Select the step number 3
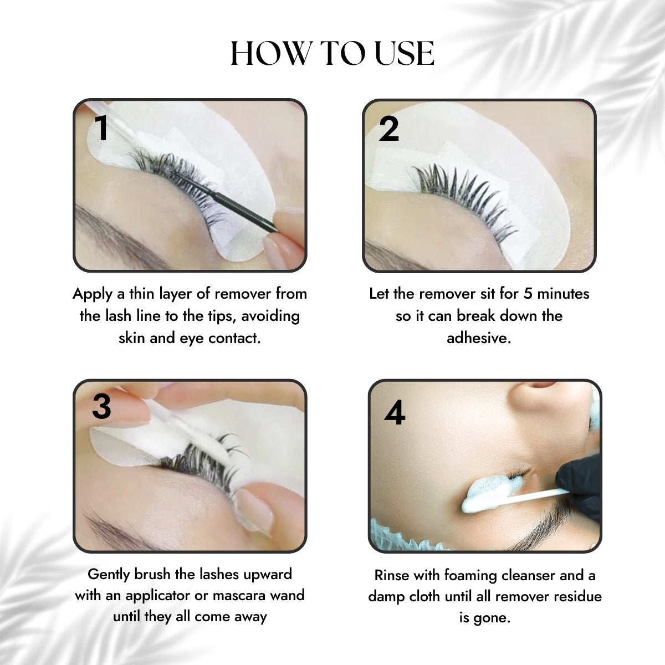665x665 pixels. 101,407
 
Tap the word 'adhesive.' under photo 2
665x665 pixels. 479,337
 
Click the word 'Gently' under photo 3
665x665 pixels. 109,574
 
